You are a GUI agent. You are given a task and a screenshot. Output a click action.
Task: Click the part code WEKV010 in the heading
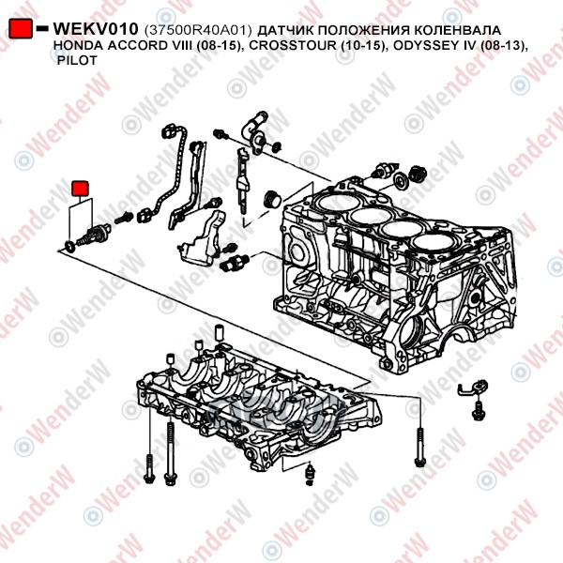click(96, 29)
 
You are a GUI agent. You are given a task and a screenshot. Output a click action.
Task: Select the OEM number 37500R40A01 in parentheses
click(198, 30)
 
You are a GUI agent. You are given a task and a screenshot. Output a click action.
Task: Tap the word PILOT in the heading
click(77, 60)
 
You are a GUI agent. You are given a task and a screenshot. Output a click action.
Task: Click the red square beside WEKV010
click(21, 28)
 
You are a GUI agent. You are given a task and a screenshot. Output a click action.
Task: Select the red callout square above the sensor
click(80, 189)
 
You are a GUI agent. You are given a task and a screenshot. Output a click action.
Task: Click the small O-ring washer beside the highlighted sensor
click(70, 246)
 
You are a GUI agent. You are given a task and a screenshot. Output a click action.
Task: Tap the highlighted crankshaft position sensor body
click(94, 234)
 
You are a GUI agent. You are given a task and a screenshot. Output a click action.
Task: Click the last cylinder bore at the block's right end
click(432, 242)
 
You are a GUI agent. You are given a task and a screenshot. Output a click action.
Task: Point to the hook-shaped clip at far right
click(474, 387)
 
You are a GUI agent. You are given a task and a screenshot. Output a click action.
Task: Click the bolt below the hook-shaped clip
click(479, 410)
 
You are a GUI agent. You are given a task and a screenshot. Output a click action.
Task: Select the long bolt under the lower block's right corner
click(419, 448)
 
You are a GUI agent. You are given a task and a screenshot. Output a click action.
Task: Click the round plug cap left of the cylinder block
click(272, 199)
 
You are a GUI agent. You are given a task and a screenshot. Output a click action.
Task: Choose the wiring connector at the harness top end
click(169, 131)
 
